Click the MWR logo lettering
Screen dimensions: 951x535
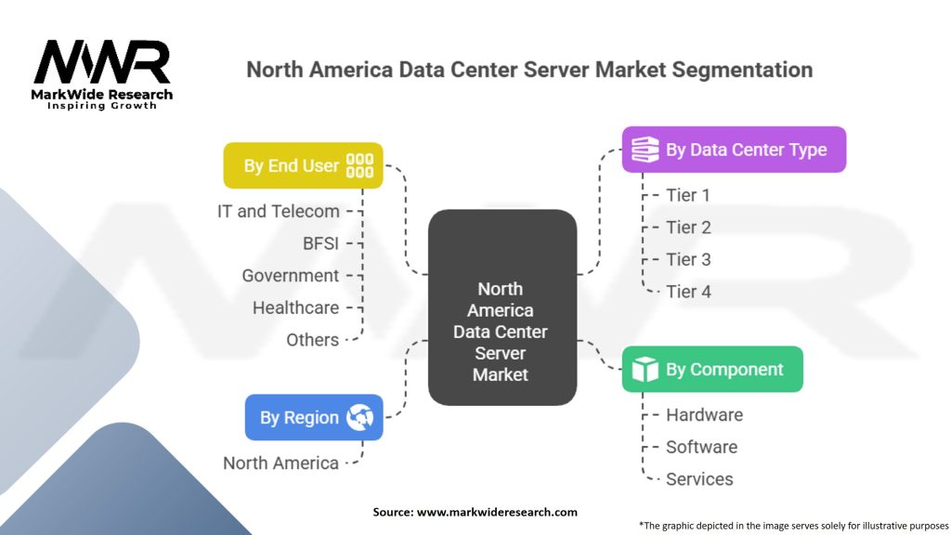[x=102, y=62]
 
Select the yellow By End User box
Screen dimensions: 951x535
[x=304, y=165]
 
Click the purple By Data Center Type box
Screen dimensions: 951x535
[x=734, y=150]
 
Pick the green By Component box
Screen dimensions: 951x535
[x=712, y=370]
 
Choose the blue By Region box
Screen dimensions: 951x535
[x=314, y=417]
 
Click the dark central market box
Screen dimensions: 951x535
[x=502, y=307]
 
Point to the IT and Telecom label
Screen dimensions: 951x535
[x=279, y=211]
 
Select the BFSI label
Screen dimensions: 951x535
[x=320, y=243]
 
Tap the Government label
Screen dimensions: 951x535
[x=291, y=275]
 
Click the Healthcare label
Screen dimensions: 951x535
[x=296, y=307]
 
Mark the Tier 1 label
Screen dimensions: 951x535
[x=688, y=195]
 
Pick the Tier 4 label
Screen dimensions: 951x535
[x=688, y=292]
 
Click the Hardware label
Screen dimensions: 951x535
[x=704, y=415]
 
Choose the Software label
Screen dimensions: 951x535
[x=702, y=447]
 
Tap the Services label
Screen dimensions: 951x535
[x=699, y=479]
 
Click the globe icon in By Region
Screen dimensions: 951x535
[x=359, y=417]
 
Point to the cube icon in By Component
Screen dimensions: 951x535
[x=645, y=370]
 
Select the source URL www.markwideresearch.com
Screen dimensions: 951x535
[x=497, y=512]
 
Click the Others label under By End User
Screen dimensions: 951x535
[x=312, y=340]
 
